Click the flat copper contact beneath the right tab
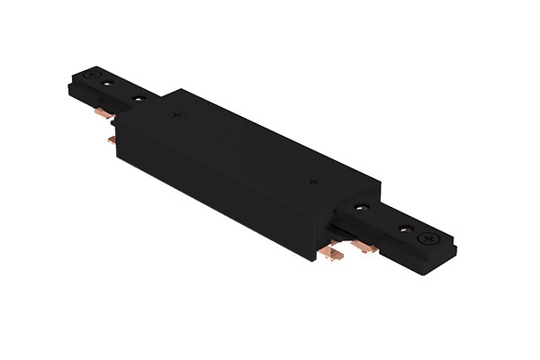[368, 246]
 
